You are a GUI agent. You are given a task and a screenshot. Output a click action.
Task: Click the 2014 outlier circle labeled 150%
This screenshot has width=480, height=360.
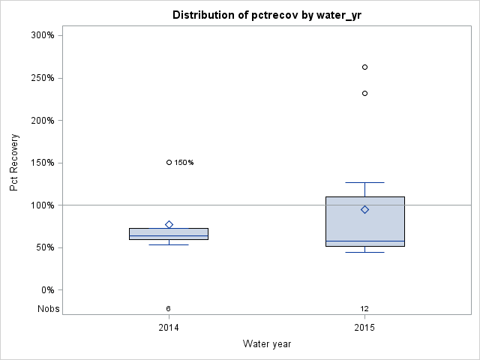click(x=169, y=162)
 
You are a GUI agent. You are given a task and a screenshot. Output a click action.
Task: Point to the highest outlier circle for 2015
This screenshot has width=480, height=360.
click(x=364, y=67)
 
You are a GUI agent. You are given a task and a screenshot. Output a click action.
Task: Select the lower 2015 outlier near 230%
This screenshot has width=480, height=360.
click(x=364, y=93)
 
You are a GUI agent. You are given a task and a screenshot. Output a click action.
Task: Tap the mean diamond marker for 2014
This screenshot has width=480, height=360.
click(x=169, y=224)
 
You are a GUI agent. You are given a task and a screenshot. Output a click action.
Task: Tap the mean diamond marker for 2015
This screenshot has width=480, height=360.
click(x=364, y=209)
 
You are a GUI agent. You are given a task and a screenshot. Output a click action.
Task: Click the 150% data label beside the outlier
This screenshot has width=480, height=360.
click(x=184, y=163)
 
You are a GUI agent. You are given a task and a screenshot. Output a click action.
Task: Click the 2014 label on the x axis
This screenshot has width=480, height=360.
click(x=169, y=328)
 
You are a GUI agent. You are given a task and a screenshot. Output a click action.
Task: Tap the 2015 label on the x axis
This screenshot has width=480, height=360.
click(x=364, y=328)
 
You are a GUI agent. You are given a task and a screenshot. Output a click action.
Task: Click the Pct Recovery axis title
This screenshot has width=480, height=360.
click(x=14, y=163)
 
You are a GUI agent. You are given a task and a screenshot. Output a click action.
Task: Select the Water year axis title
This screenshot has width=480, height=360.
click(x=267, y=344)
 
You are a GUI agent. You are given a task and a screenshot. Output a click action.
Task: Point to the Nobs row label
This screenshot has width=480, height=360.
click(x=48, y=309)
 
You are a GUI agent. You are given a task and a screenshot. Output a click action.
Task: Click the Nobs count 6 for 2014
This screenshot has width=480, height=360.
click(x=169, y=309)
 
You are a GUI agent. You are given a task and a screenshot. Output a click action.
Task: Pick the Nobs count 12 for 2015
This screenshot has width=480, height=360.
click(x=364, y=309)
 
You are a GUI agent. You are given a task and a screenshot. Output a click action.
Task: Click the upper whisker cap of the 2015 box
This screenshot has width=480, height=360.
click(x=364, y=182)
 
